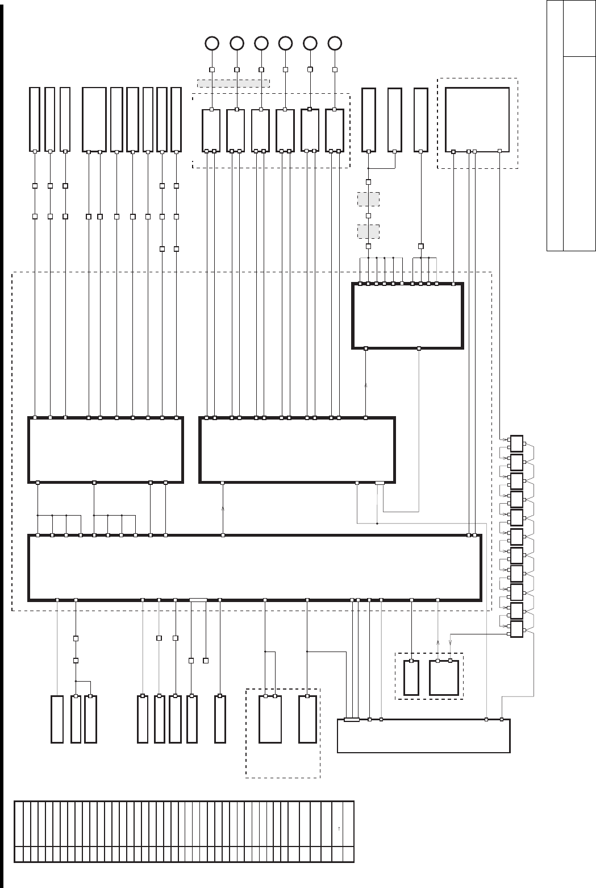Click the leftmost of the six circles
211,43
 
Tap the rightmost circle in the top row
335,43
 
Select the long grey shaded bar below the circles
233,83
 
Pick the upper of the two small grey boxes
368,200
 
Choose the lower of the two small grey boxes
368,232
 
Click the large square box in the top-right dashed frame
477,119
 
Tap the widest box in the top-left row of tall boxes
94,119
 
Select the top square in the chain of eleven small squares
516,443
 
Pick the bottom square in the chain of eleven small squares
516,629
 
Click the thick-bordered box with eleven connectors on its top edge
408,316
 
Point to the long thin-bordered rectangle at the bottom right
423,736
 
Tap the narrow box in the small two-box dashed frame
411,678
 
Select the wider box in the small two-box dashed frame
444,678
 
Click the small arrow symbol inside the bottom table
339,828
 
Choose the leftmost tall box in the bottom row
57,719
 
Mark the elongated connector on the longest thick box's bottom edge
198,599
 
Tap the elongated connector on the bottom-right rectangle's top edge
352,720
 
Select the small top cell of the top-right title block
579,28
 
